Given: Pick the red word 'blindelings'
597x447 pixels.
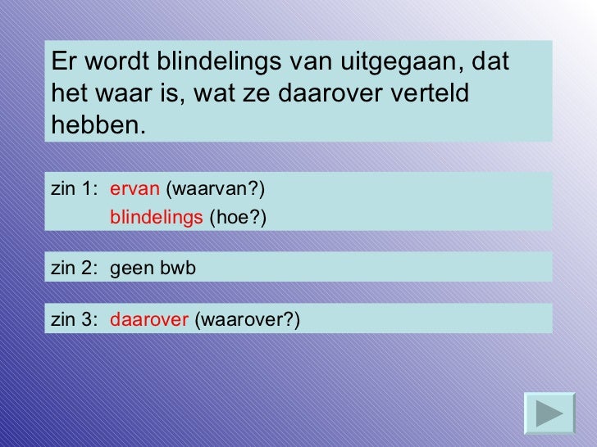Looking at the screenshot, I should pyautogui.click(x=157, y=217).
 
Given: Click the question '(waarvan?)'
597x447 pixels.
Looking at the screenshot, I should pyautogui.click(x=216, y=190).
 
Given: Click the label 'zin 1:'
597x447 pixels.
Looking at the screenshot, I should pyautogui.click(x=74, y=190).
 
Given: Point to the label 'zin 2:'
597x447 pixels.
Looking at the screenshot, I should pyautogui.click(x=74, y=267).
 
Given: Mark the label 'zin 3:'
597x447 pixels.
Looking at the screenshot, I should pyautogui.click(x=74, y=320).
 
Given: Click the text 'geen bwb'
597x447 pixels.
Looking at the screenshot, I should pyautogui.click(x=153, y=267).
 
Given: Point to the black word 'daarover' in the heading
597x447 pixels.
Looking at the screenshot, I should pyautogui.click(x=326, y=94).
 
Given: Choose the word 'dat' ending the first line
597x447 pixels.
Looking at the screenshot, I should pyautogui.click(x=492, y=62).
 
